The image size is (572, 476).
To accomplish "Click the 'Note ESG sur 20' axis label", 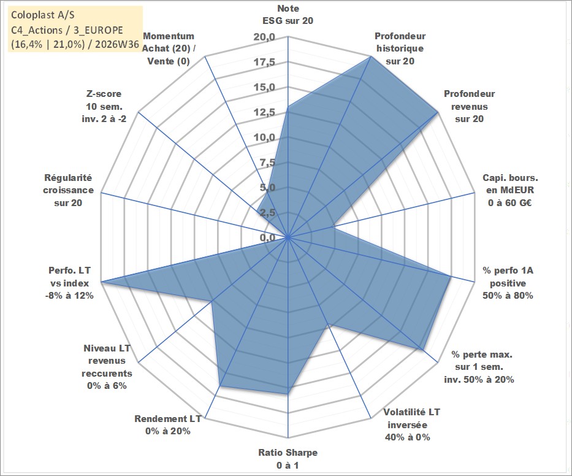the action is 288,15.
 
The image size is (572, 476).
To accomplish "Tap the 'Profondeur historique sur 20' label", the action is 400,48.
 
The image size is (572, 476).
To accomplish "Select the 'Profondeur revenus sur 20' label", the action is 469,106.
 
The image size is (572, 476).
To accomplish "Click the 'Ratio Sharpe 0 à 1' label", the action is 288,459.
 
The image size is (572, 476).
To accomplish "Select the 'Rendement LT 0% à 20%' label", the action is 168,425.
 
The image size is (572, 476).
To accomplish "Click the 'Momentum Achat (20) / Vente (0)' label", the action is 169,48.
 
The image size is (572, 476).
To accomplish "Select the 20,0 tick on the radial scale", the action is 264,37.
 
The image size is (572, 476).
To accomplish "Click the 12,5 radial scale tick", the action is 264,112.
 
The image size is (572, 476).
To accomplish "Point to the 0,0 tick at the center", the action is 268,237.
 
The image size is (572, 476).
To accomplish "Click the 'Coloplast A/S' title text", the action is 43,15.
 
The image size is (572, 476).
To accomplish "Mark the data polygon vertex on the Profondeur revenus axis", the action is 438,113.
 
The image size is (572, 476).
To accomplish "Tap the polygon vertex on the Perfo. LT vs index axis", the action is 101,282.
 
